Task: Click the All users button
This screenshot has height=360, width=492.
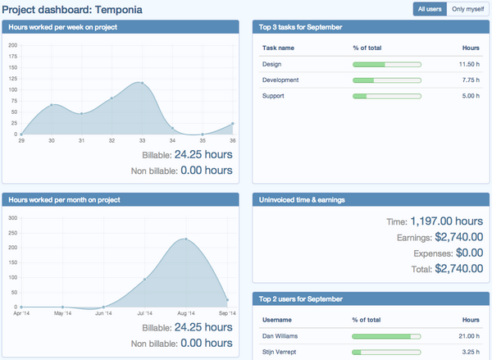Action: click(x=430, y=8)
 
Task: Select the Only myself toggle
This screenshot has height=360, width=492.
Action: click(x=468, y=8)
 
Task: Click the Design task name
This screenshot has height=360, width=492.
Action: click(x=271, y=64)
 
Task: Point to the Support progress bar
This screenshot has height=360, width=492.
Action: click(x=386, y=96)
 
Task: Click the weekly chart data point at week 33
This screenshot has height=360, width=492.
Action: click(x=142, y=83)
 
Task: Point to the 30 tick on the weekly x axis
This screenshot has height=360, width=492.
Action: click(x=52, y=141)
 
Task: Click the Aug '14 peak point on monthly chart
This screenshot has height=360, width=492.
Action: click(x=186, y=239)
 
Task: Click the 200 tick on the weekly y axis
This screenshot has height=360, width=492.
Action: click(x=12, y=45)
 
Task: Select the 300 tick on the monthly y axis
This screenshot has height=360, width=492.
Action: click(x=12, y=218)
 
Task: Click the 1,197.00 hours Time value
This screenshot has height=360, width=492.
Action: click(x=446, y=221)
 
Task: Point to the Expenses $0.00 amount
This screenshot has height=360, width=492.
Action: click(x=459, y=253)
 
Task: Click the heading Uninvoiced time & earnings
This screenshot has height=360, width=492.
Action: click(x=301, y=199)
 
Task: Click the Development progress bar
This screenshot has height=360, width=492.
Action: click(x=386, y=80)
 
